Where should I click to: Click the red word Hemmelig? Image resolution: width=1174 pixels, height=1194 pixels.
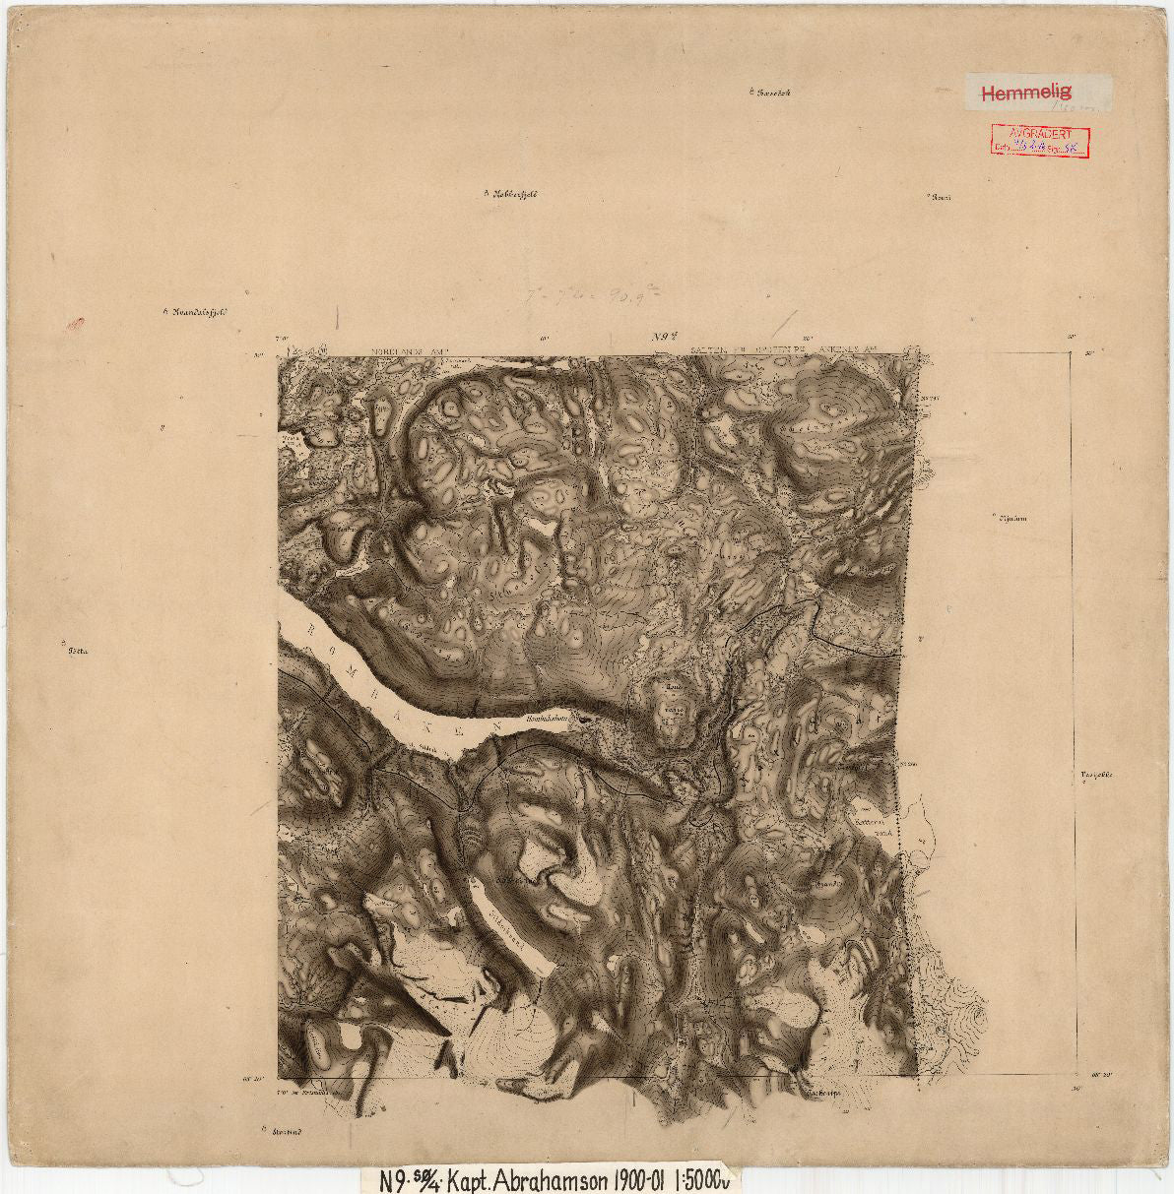(x=1025, y=94)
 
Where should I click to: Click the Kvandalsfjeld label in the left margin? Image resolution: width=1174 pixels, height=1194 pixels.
(x=198, y=314)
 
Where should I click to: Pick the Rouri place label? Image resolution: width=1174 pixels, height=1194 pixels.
(x=941, y=197)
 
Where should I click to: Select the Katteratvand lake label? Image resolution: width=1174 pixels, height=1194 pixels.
(x=877, y=823)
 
